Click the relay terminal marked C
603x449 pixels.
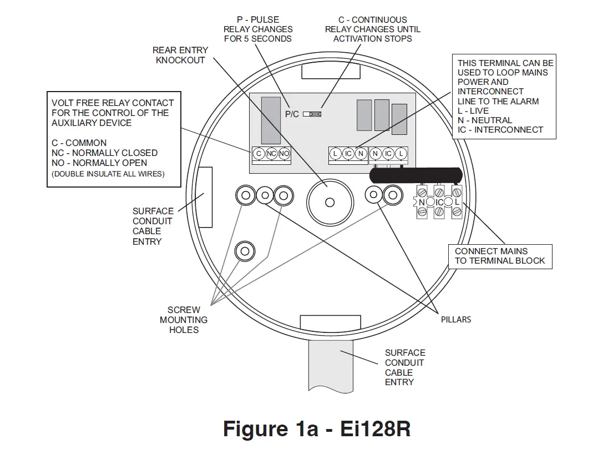[259, 153]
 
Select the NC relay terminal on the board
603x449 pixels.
[271, 153]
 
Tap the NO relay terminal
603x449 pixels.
[284, 153]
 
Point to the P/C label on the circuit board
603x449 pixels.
[292, 114]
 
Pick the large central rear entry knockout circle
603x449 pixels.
[330, 202]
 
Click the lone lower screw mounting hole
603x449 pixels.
[244, 251]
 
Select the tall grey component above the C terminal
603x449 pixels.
[271, 120]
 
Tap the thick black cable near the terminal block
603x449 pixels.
[416, 175]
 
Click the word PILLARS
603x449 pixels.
[456, 320]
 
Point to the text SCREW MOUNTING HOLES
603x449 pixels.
[184, 320]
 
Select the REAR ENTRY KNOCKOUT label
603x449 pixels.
[180, 55]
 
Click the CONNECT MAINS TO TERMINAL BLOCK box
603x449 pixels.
[500, 256]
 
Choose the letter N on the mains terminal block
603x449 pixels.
[422, 203]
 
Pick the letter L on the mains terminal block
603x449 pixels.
[457, 203]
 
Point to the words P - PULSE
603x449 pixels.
[257, 19]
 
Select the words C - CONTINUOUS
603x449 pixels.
[372, 19]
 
